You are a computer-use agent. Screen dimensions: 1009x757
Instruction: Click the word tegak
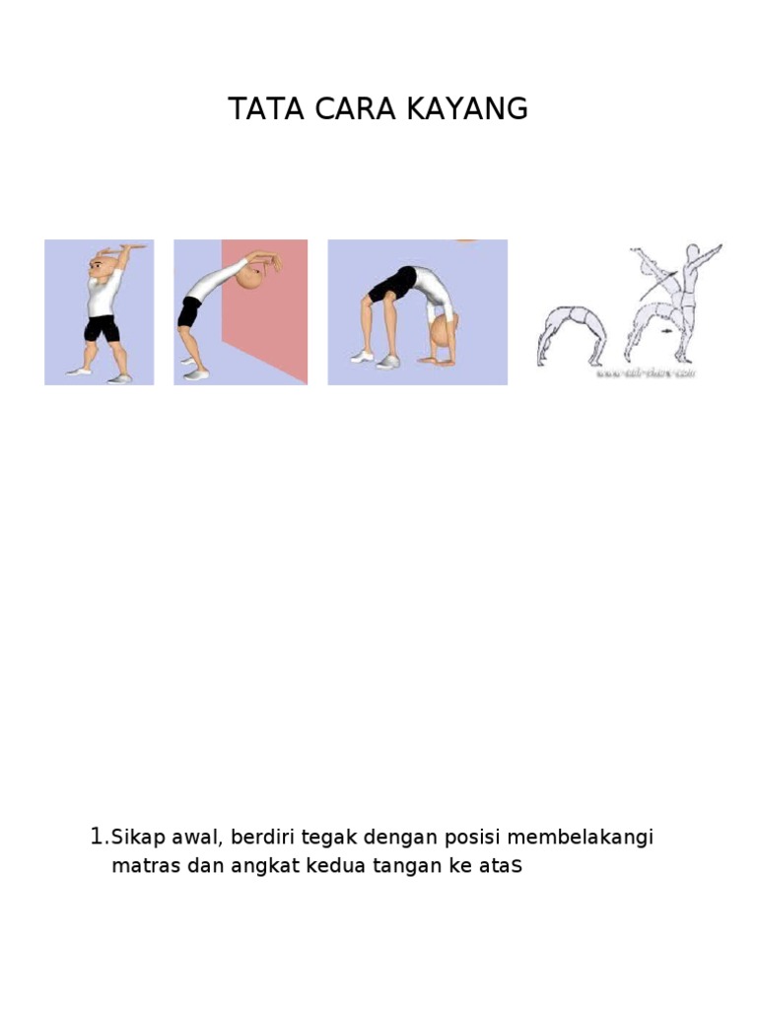(332, 839)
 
